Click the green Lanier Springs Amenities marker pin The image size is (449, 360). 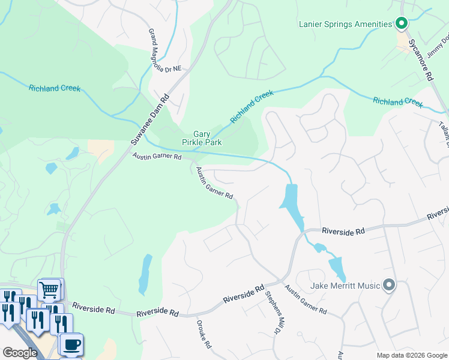402,24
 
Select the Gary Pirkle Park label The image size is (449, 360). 202,138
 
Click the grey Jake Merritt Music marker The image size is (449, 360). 389,285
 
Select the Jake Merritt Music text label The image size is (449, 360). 346,286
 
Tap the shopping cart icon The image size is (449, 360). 49,290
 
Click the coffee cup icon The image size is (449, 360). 72,344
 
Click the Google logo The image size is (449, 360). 20,353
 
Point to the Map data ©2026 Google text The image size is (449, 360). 412,355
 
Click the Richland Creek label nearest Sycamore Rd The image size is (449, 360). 397,101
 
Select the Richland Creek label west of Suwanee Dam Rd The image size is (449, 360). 55,88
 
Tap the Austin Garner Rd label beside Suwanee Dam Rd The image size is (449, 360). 157,157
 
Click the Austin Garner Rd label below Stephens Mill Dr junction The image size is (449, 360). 306,300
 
